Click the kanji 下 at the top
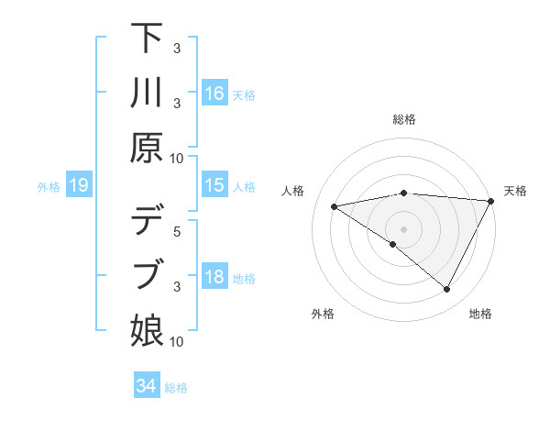pos(148,39)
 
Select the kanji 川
pos(148,92)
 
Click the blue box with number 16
pos(214,93)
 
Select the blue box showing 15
pos(214,185)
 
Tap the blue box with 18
pos(214,277)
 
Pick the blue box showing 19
pos(79,185)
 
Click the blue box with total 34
pos(146,386)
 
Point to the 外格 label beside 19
pos(49,187)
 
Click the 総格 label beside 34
pos(176,388)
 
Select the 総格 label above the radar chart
pos(404,119)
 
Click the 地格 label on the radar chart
pos(480,314)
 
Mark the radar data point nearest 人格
pos(335,206)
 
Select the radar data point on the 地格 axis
pos(447,290)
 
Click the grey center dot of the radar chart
pos(403,228)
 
